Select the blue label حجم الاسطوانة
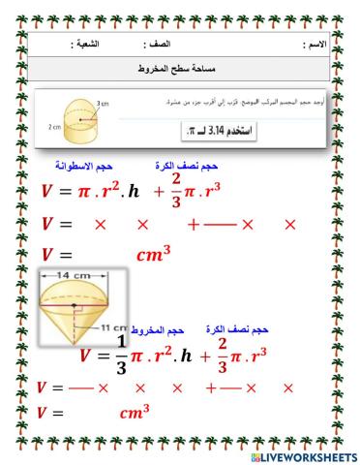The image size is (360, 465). [67, 167]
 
